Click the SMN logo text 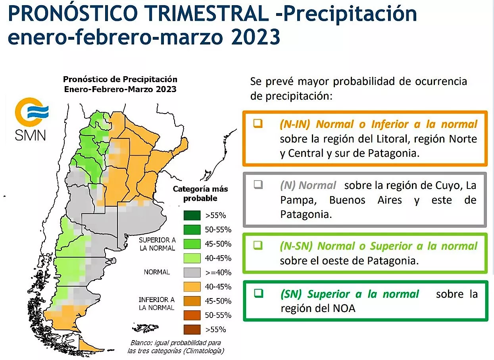[x=30, y=135]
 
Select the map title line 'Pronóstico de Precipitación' [x=120, y=79]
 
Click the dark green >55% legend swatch [x=192, y=216]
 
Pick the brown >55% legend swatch [x=192, y=329]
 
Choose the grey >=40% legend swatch [x=192, y=273]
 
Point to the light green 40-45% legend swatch [x=192, y=258]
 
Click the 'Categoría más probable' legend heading [x=200, y=193]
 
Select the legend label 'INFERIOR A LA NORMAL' [x=156, y=303]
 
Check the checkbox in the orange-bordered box [x=258, y=123]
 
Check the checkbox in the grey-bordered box [x=258, y=185]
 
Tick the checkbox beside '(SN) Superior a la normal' [x=259, y=293]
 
